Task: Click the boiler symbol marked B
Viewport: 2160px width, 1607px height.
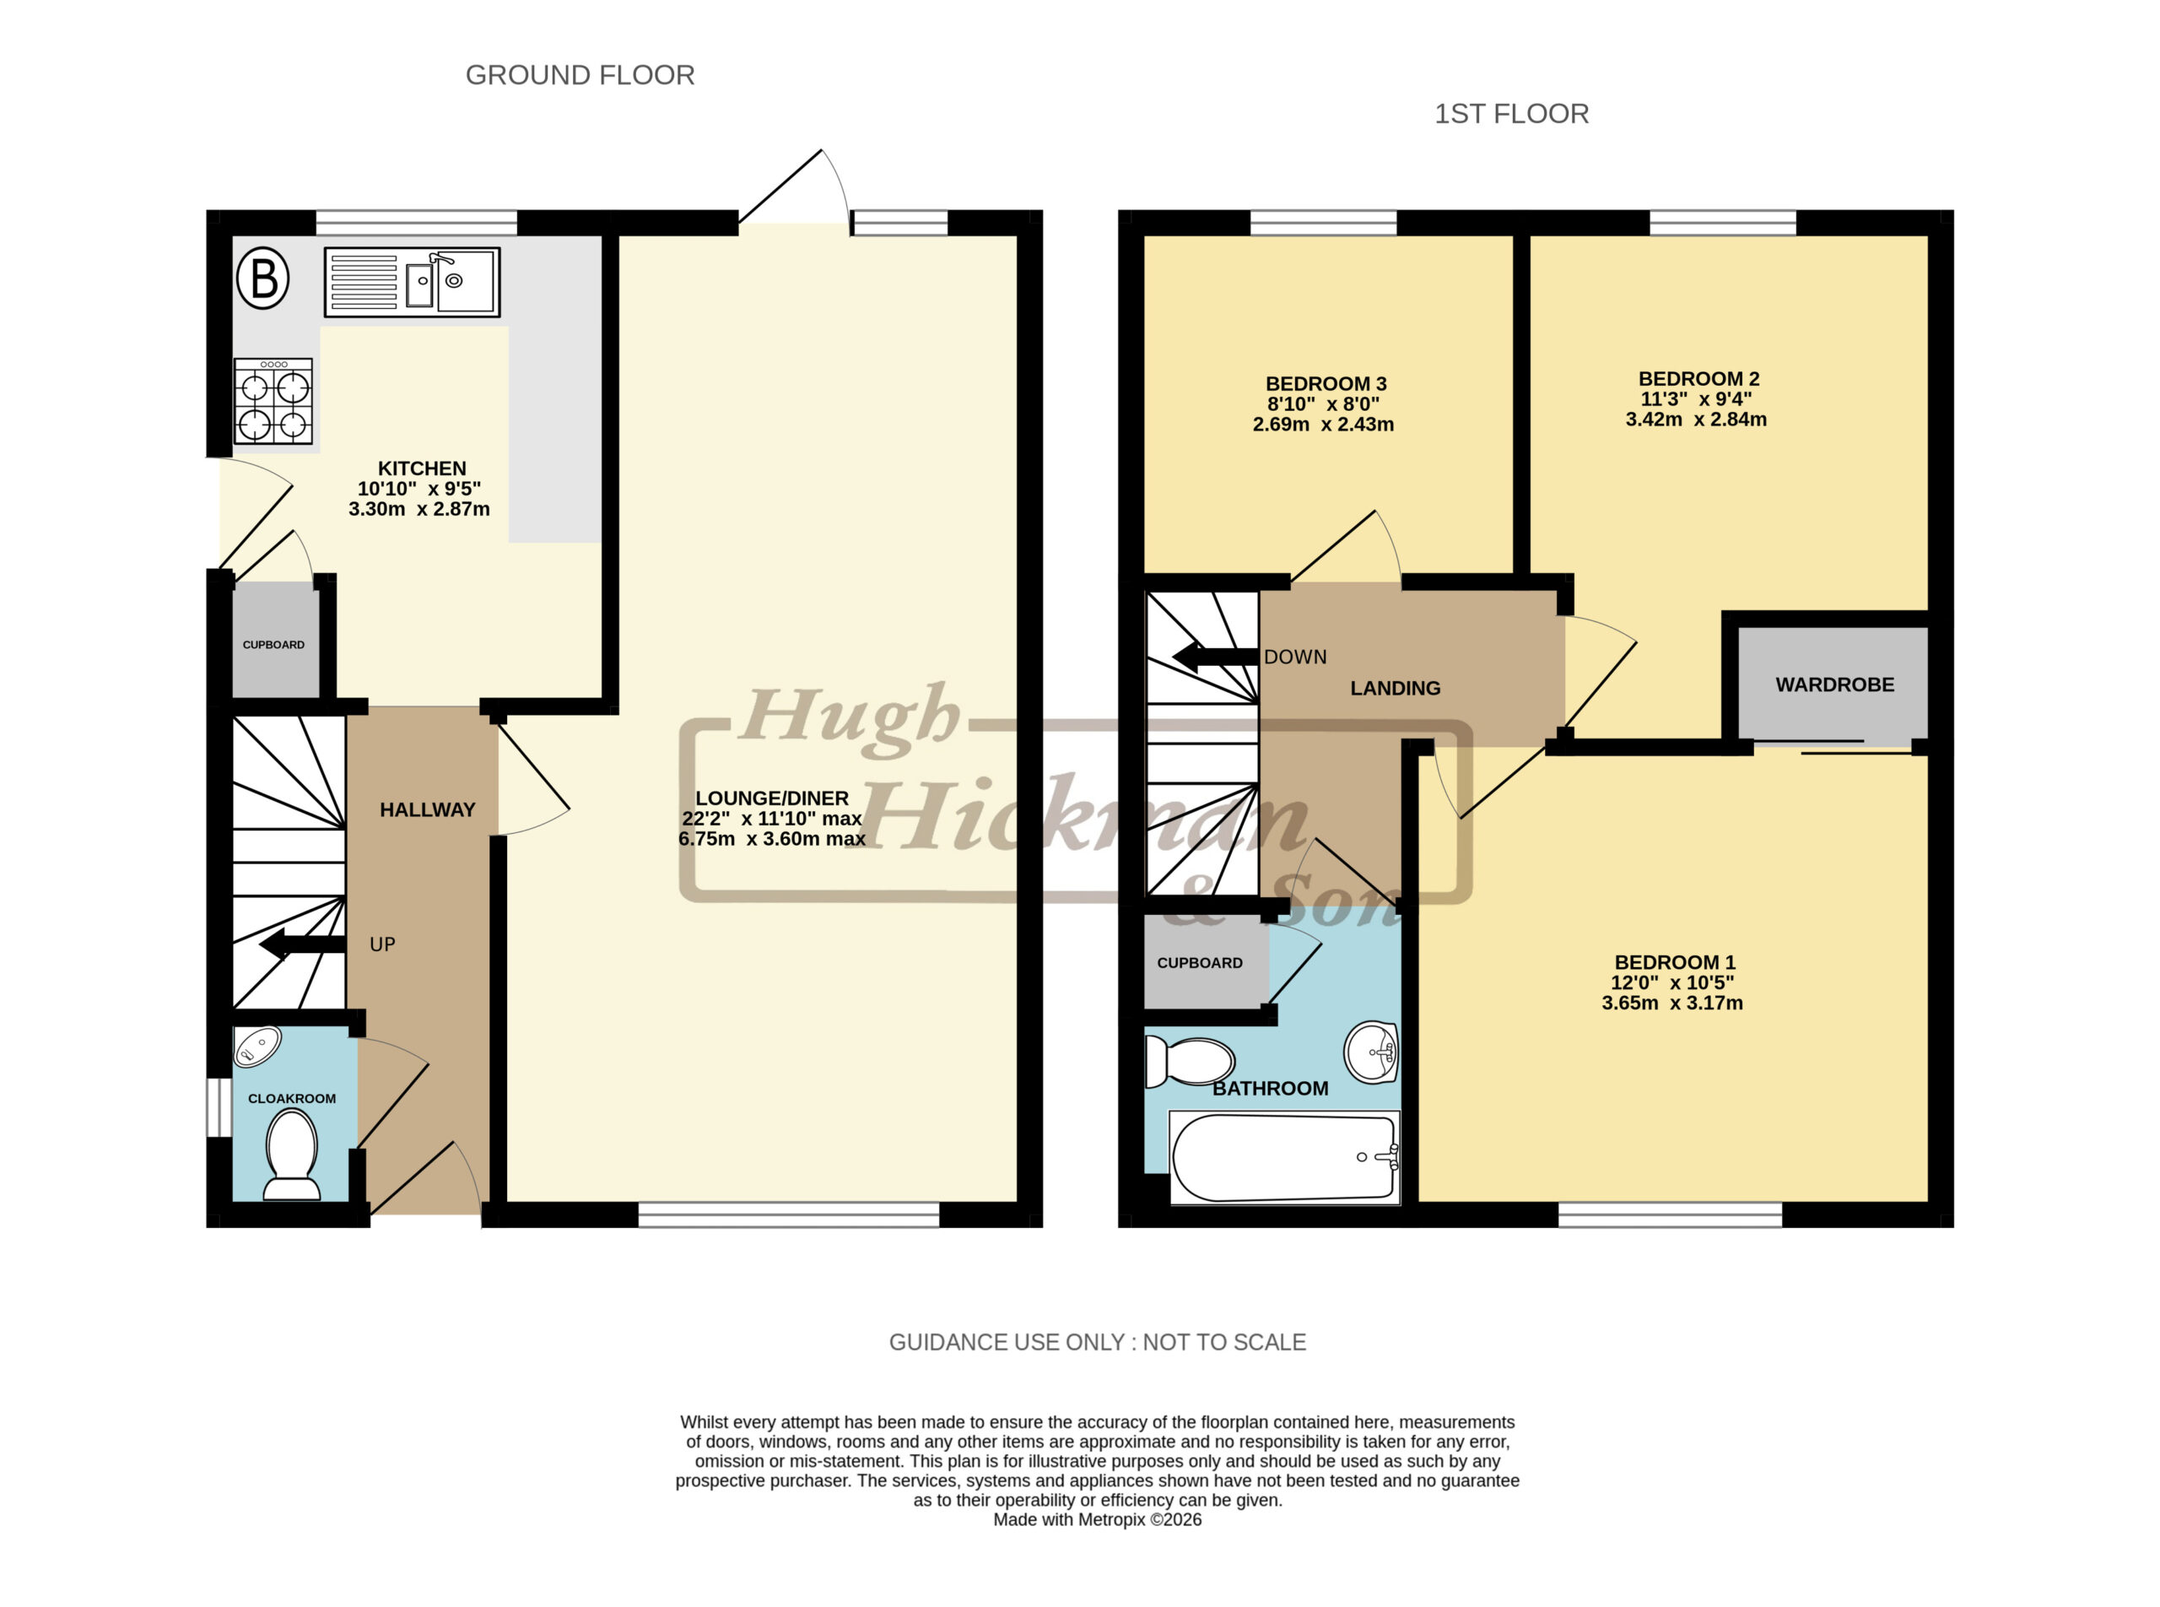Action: click(263, 279)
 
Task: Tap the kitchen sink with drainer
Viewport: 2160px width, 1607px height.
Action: click(412, 282)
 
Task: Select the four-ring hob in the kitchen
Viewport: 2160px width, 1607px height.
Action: click(273, 401)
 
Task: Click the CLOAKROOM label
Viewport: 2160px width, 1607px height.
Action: click(292, 1098)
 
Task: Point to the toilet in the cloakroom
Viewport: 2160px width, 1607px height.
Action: click(292, 1155)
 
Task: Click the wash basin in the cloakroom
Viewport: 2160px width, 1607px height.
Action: click(257, 1047)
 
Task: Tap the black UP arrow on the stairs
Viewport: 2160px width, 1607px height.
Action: click(302, 944)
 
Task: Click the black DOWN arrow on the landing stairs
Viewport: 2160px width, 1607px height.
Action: click(1216, 657)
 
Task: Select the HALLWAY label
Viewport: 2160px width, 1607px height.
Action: click(427, 809)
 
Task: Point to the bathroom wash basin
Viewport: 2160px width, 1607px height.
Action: click(1370, 1052)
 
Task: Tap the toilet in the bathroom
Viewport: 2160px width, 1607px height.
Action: click(1189, 1061)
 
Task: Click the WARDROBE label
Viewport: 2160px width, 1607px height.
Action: click(1834, 684)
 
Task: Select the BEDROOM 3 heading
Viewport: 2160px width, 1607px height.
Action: click(1326, 383)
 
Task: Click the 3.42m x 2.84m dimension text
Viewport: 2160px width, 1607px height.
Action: click(1696, 419)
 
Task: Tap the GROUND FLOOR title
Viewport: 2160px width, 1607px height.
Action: click(580, 75)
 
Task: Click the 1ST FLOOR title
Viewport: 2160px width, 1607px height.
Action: click(1511, 114)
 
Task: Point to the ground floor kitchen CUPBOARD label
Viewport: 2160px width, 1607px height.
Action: click(273, 645)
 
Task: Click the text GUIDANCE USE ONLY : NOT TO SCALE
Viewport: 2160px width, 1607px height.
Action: click(1097, 1343)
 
